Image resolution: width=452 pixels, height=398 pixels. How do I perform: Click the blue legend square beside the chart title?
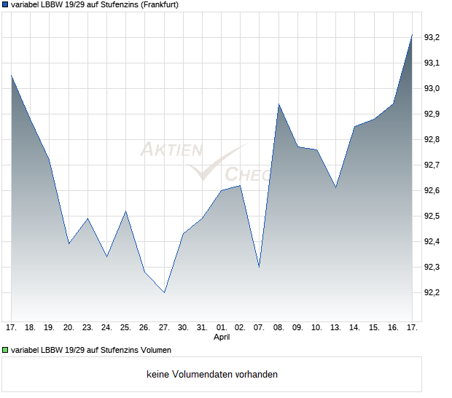pos(6,5)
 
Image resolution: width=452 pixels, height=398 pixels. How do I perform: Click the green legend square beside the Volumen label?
pos(6,348)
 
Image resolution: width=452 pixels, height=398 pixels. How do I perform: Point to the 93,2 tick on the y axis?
pos(432,37)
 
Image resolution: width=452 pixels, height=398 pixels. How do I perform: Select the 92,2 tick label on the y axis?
pos(432,292)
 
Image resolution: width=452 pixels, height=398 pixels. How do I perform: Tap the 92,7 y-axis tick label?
pos(432,165)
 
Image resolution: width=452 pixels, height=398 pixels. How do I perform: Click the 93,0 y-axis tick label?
pos(432,88)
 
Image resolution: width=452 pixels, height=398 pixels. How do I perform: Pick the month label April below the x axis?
pos(222,337)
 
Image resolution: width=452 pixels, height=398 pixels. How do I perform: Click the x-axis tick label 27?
pos(164,328)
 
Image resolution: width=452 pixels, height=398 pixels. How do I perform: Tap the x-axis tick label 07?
pos(260,328)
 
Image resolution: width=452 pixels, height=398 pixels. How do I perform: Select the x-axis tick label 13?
pos(335,328)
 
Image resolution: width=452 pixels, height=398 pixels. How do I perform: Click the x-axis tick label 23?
pos(87,328)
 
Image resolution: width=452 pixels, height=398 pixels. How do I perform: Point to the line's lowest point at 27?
pos(164,292)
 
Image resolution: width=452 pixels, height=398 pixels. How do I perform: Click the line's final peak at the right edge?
pos(412,34)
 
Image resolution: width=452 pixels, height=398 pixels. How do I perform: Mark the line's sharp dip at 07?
pos(260,267)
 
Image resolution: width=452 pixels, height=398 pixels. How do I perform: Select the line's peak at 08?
pos(278,104)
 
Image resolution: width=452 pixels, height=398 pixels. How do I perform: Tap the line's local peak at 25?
pos(125,211)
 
